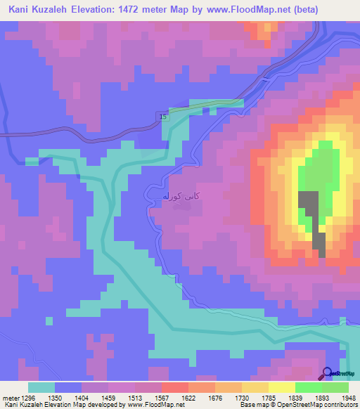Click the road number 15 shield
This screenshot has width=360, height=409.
tap(163, 117)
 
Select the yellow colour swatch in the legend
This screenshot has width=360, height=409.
tap(281, 387)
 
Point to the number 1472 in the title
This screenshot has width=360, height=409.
tap(144, 10)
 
